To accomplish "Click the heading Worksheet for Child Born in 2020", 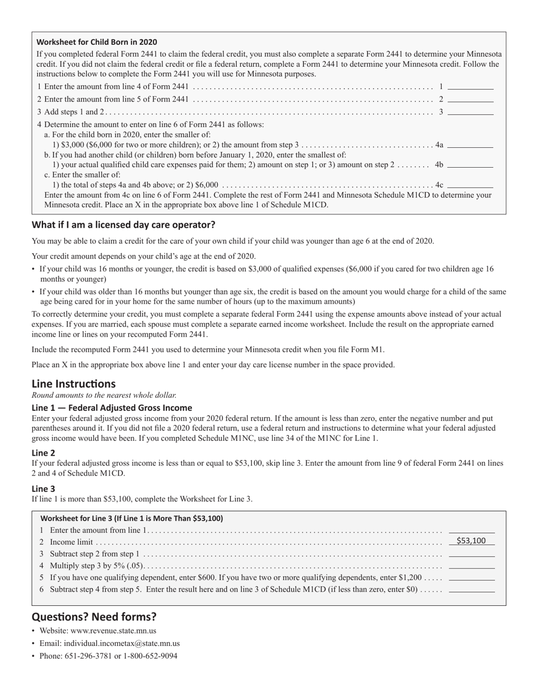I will tap(97, 42).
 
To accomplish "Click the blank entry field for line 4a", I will tap(470, 145).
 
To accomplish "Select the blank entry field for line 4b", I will tap(470, 165).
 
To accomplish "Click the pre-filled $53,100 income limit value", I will tap(471, 541).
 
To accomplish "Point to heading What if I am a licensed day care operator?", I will tap(123, 224).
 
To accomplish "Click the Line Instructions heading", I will tap(74, 384).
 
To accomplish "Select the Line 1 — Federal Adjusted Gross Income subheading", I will tap(112, 408).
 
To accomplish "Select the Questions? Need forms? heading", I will tap(94, 617).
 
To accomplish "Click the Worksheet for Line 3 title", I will tap(132, 518).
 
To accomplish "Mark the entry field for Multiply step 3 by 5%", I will tap(471, 565).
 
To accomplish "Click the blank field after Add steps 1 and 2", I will tap(471, 112).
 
